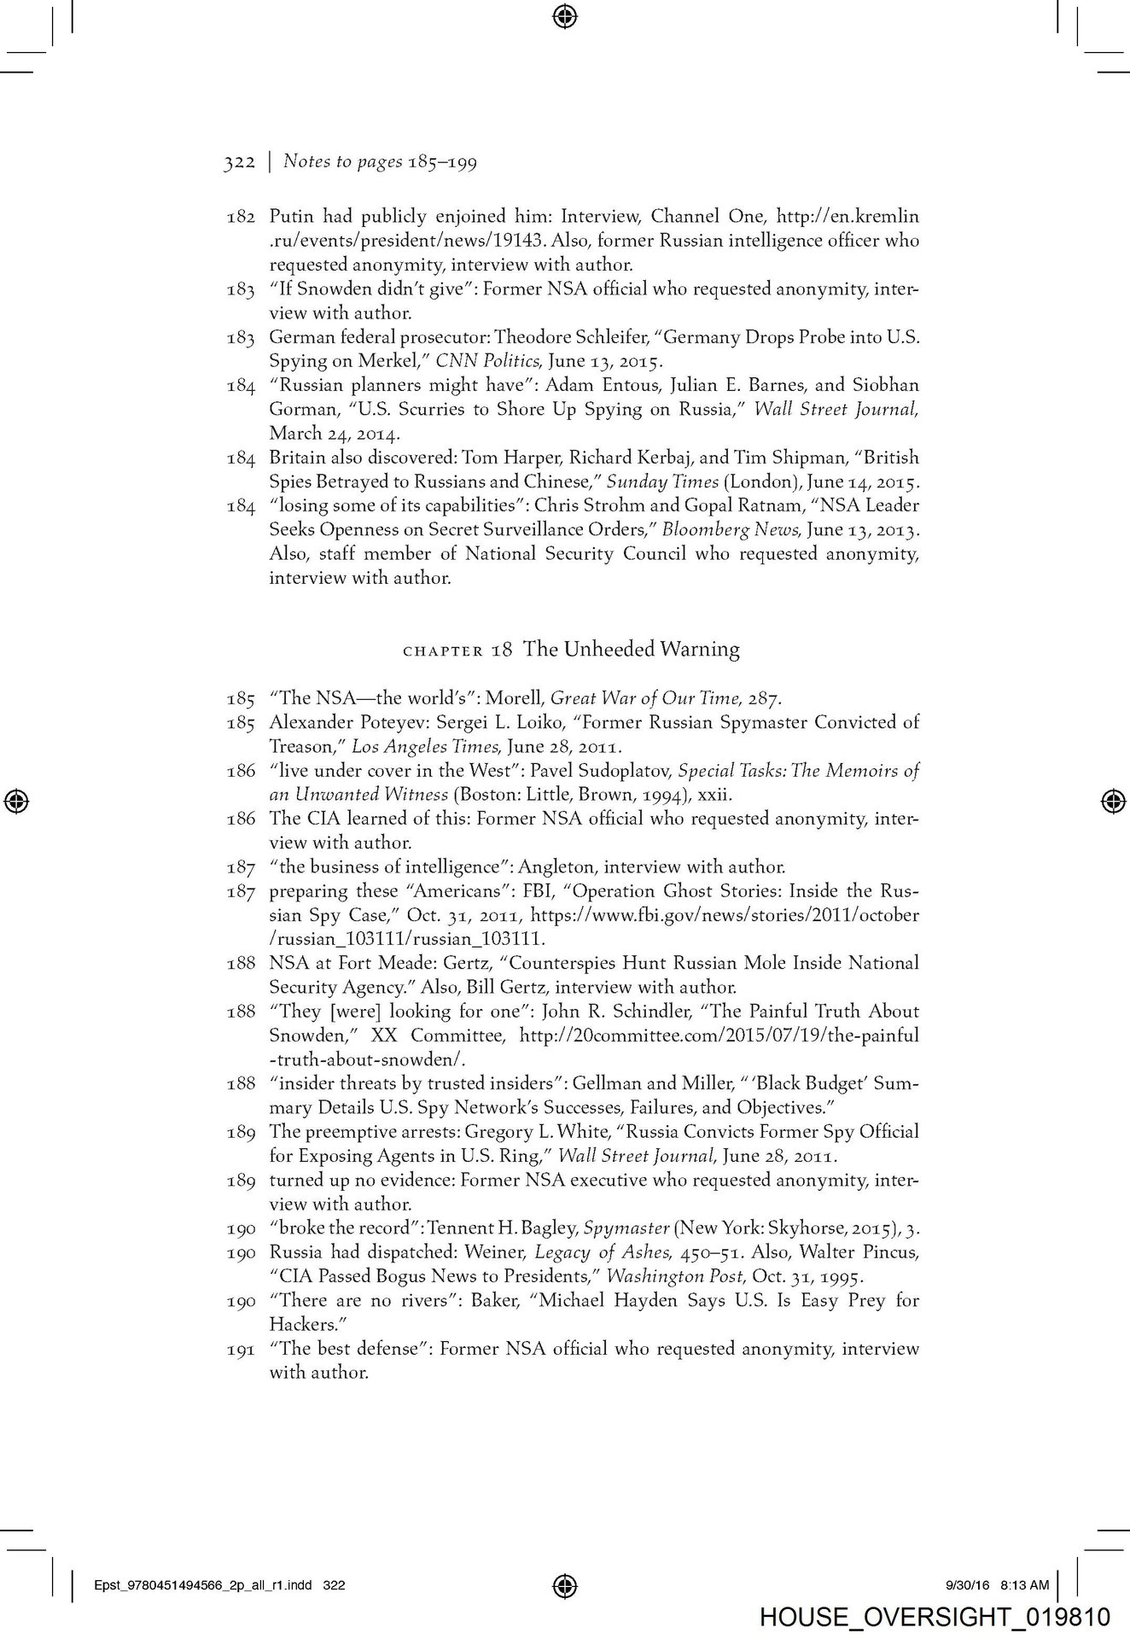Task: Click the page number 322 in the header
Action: [239, 162]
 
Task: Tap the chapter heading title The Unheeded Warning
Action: [631, 650]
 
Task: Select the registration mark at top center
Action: [565, 15]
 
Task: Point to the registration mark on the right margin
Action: [1111, 802]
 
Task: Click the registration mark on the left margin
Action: [18, 802]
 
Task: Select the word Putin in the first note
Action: [292, 217]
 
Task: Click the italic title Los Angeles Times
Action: [413, 747]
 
